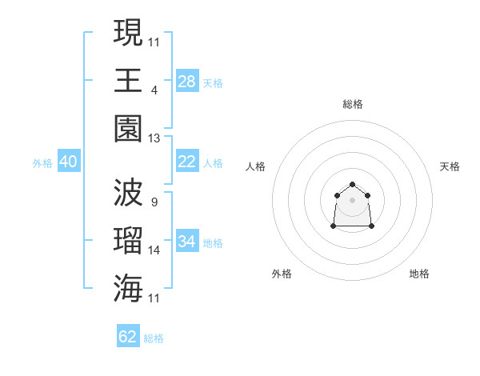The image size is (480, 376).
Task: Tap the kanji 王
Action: coord(128,80)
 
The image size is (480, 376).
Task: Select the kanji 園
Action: coord(128,129)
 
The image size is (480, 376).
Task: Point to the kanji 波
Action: coord(128,193)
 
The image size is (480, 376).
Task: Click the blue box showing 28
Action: coord(187,82)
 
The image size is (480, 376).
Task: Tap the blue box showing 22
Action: coord(187,162)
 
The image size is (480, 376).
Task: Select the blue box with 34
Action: coord(187,242)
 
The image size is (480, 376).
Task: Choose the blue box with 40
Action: coord(68,162)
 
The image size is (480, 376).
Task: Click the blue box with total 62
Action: coord(128,337)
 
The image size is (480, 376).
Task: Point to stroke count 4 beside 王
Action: coord(154,90)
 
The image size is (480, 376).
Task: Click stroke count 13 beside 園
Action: coord(154,138)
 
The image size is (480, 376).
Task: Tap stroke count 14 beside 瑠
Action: coord(154,250)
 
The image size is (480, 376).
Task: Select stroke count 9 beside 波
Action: coord(154,202)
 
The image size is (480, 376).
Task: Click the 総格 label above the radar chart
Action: coord(353,104)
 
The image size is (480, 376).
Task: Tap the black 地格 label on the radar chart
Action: coord(419,274)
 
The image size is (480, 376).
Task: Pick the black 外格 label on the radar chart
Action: coord(282,274)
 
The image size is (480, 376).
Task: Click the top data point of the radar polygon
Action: coord(352,185)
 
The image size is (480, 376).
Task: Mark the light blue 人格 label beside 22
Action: coord(213,162)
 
